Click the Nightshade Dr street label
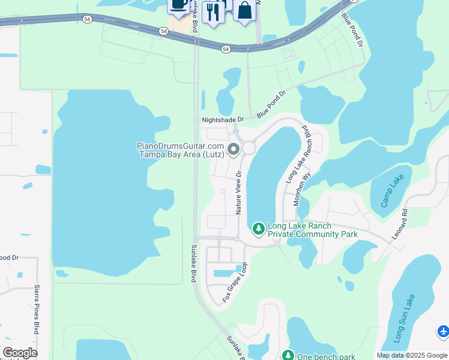pos(223,120)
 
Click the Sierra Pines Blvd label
pos(37,310)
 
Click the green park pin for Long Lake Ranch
pos(258,229)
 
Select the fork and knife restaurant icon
pos(213,11)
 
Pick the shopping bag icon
pos(244,10)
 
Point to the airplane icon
pos(443,331)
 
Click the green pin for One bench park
pos(288,356)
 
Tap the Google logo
pos(20,353)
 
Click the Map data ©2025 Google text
pos(411,355)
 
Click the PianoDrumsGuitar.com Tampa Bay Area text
pos(181,150)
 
